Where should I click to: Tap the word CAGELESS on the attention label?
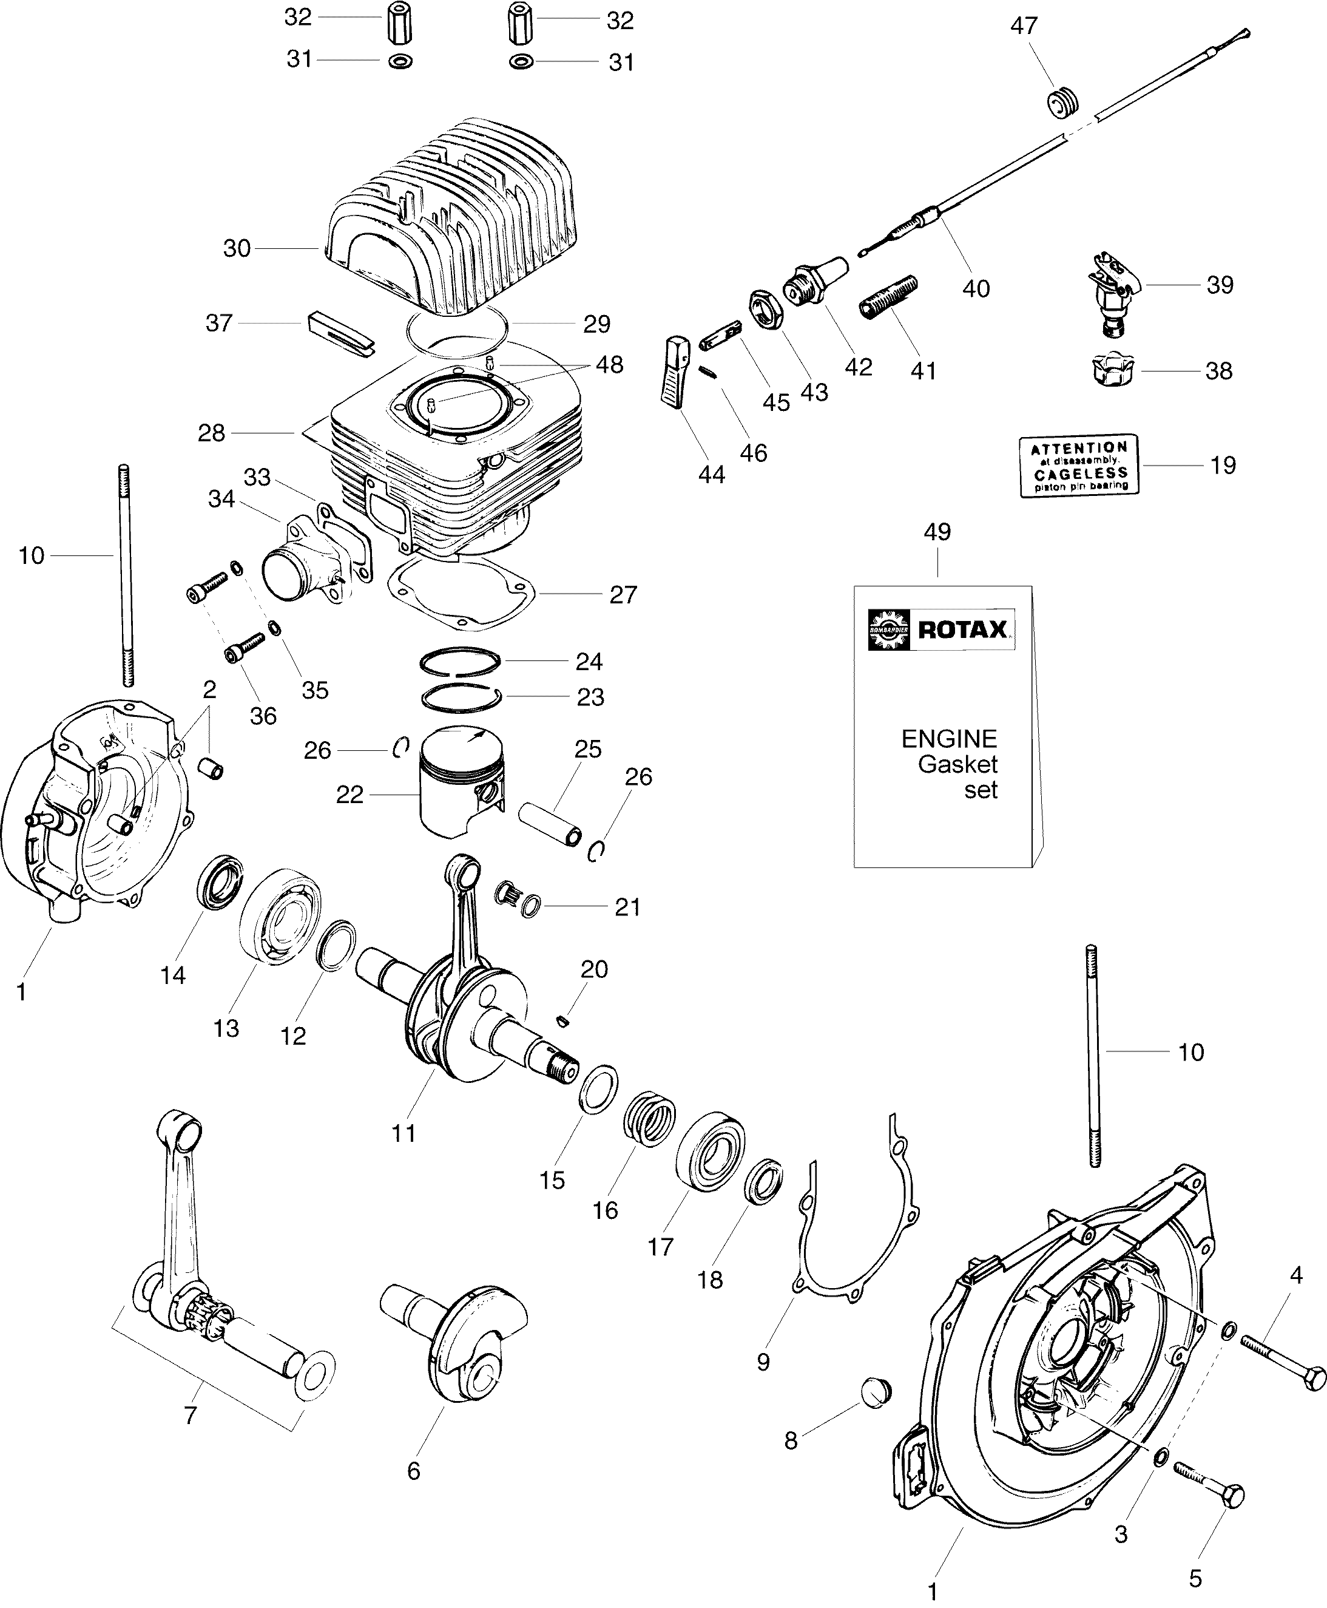(x=1079, y=473)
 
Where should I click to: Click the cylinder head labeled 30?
(x=451, y=222)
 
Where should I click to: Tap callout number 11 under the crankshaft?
(x=403, y=1133)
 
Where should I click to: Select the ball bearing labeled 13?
(x=280, y=914)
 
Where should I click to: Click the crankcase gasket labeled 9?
(x=856, y=1261)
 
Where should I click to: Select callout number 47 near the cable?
(x=1024, y=26)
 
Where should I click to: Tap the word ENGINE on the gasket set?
(x=948, y=739)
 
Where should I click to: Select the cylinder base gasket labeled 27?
(x=459, y=592)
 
